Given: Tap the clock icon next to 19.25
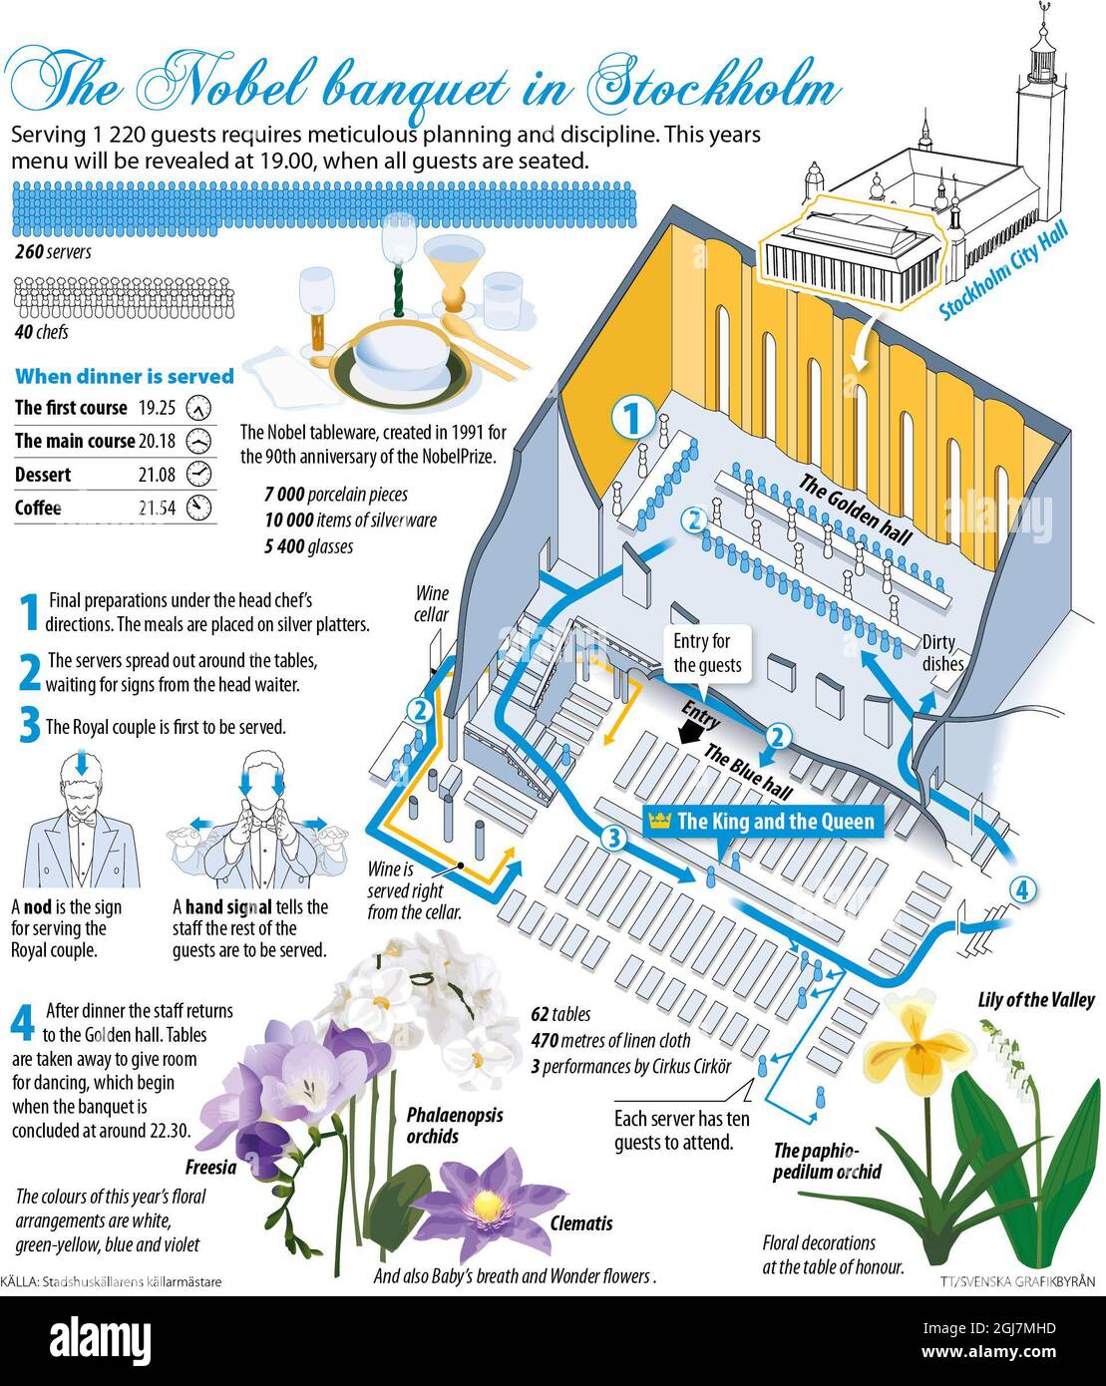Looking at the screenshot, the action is [198, 408].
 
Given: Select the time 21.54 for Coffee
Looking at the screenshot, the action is [157, 509].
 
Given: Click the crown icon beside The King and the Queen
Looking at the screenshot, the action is [659, 821].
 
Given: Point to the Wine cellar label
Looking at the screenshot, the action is [431, 603].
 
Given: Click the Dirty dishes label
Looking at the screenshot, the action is [942, 652].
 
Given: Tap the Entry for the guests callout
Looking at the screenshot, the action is [707, 653].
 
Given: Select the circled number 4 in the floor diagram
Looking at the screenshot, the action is [1022, 890].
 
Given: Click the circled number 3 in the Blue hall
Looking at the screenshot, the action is [614, 838].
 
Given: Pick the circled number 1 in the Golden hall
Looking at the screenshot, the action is [633, 418].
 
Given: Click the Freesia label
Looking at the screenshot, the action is [210, 1167].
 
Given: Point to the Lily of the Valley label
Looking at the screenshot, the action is [1036, 999].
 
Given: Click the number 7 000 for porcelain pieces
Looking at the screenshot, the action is [284, 494].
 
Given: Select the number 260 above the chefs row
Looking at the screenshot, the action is [29, 251].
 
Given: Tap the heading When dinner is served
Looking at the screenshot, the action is [125, 376].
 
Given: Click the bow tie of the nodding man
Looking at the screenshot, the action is [82, 821].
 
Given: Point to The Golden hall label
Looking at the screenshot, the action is [855, 509].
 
